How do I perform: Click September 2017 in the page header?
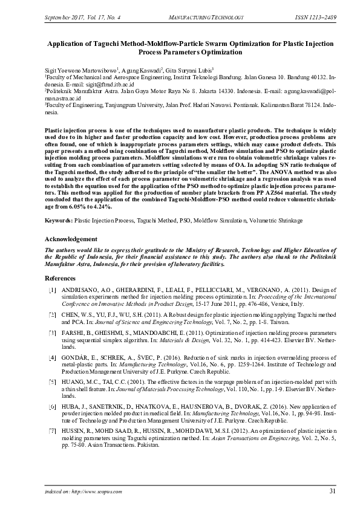(64, 16)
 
